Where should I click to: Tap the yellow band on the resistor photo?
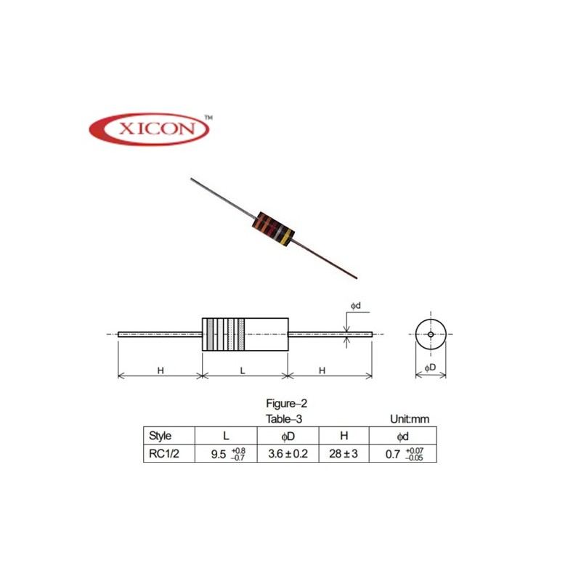click(289, 236)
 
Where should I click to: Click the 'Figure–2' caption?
click(289, 403)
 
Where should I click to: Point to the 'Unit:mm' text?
click(410, 419)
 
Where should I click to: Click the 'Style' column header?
click(160, 436)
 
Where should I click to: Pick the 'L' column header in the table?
click(227, 436)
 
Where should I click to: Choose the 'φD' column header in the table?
click(288, 436)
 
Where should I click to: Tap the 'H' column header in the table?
click(344, 436)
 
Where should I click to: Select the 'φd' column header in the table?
click(403, 436)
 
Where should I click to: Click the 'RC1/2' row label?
click(162, 455)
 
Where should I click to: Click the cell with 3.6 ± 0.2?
click(288, 455)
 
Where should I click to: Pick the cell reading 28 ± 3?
click(344, 455)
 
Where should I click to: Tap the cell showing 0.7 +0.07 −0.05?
click(404, 455)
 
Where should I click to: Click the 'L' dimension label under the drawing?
click(243, 370)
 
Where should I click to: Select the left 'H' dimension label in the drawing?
click(160, 370)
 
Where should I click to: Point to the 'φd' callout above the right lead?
click(357, 306)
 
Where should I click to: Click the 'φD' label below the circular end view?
click(430, 368)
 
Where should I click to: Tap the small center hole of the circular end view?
click(430, 334)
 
